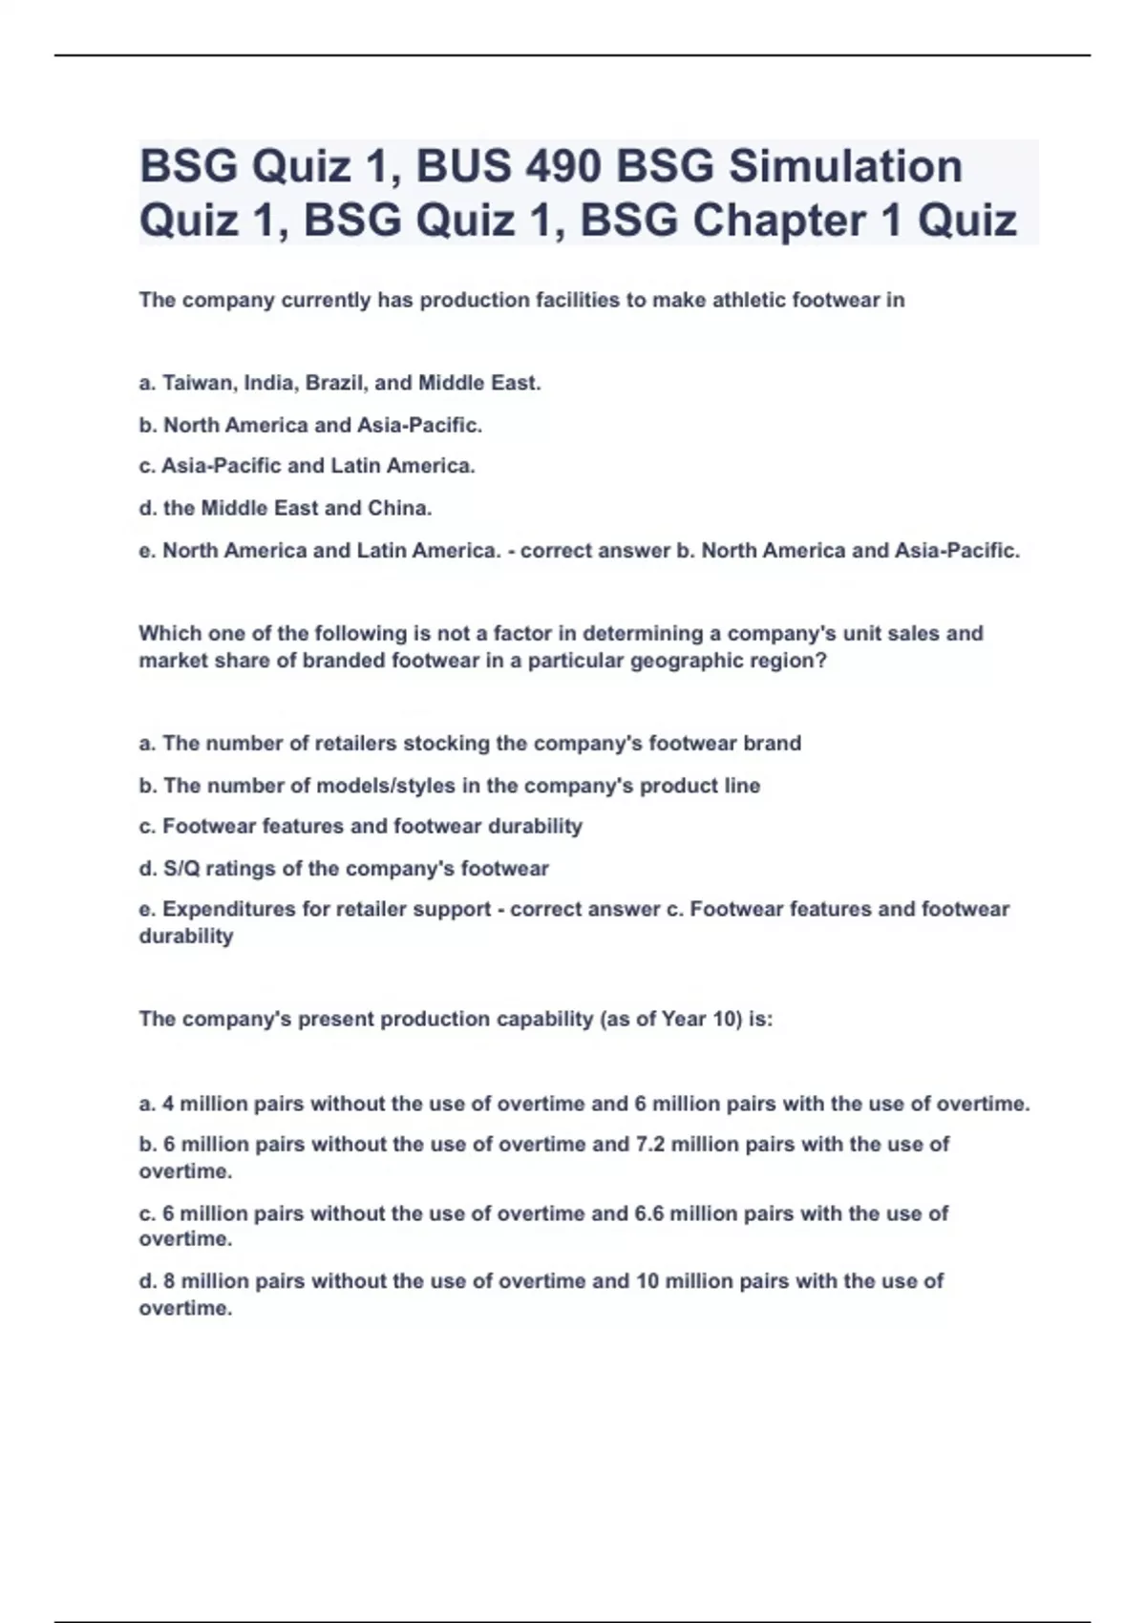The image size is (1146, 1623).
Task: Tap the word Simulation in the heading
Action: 845,166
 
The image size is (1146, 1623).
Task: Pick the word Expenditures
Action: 229,909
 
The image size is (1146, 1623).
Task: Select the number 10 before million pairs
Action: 647,1281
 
